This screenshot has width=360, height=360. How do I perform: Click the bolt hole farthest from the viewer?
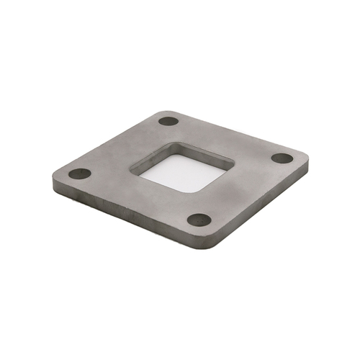pos(168,121)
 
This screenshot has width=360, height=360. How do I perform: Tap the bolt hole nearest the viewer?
pos(199,220)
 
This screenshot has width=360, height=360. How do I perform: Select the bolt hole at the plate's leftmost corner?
pos(80,174)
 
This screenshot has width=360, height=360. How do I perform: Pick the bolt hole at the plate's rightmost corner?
pos(282,158)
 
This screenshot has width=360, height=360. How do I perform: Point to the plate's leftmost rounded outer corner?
pos(55,175)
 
